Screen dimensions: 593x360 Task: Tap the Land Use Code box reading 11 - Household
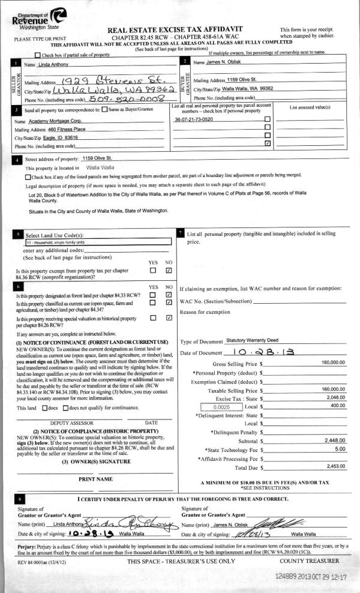[x=98, y=242]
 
